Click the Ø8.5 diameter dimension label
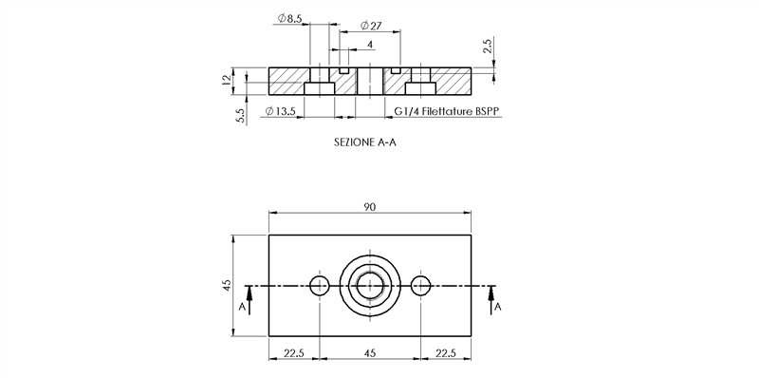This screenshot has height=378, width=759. tap(290, 18)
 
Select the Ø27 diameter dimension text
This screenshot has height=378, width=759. tap(371, 26)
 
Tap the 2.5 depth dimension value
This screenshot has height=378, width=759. tap(488, 47)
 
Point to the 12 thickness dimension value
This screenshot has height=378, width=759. tap(227, 81)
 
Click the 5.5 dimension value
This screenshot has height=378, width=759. tap(241, 115)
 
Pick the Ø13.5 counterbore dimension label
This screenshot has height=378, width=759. tap(280, 111)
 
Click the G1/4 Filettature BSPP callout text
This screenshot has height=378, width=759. tap(447, 111)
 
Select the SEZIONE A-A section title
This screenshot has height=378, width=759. tap(368, 142)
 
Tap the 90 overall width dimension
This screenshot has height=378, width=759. tap(370, 207)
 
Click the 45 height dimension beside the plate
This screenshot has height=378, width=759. tap(227, 285)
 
